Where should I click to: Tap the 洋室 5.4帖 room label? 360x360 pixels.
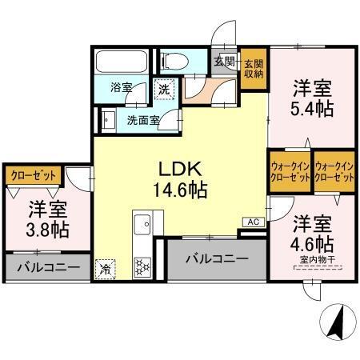pos(311,97)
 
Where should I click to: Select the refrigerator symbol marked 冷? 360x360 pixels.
pos(106,269)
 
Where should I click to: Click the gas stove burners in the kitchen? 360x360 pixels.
pos(143,266)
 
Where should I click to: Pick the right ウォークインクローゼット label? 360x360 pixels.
pos(334,172)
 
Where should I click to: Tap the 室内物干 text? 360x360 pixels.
pos(316,258)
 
